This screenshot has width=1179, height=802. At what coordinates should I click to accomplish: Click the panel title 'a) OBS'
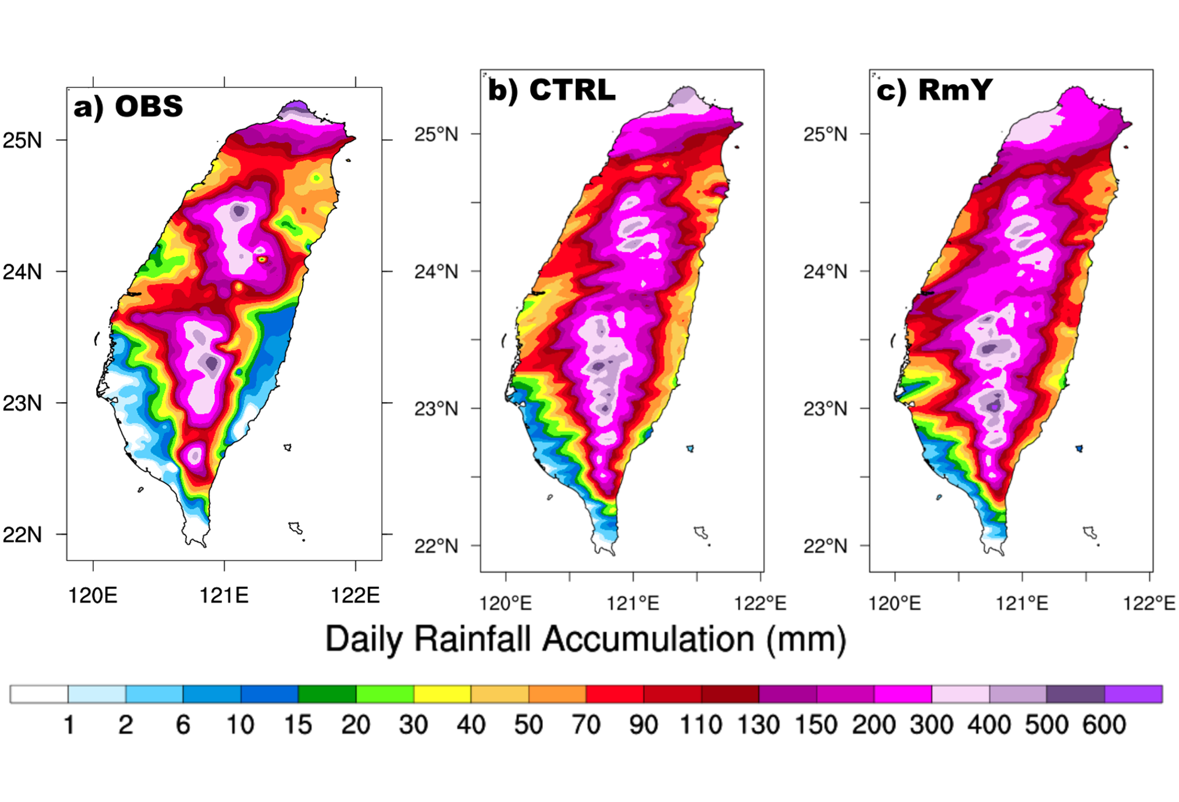pos(128,106)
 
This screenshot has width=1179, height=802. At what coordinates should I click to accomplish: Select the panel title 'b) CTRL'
pos(552,90)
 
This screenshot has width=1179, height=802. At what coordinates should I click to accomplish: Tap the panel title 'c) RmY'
pos(934,90)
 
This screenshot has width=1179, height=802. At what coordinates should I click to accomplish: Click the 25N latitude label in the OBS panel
pos(22,141)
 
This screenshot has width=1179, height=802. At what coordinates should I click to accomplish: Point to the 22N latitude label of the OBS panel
pos(22,535)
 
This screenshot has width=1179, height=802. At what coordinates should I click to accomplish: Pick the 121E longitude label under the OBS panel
pos(224,596)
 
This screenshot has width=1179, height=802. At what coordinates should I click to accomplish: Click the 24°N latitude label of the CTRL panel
pos(436,272)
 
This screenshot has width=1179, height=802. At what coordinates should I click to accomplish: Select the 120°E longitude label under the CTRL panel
pos(505,603)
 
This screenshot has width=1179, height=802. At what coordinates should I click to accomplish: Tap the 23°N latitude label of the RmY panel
pos(825,409)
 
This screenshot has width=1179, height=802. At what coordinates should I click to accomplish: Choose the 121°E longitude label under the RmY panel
pos(1021,603)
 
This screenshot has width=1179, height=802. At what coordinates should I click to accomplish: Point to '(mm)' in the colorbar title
pos(806,640)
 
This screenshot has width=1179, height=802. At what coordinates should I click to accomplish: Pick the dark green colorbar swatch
pos(327,695)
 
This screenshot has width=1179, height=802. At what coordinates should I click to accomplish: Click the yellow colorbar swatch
pos(443,695)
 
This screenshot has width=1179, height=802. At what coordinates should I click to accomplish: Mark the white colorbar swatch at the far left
pos(39,695)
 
